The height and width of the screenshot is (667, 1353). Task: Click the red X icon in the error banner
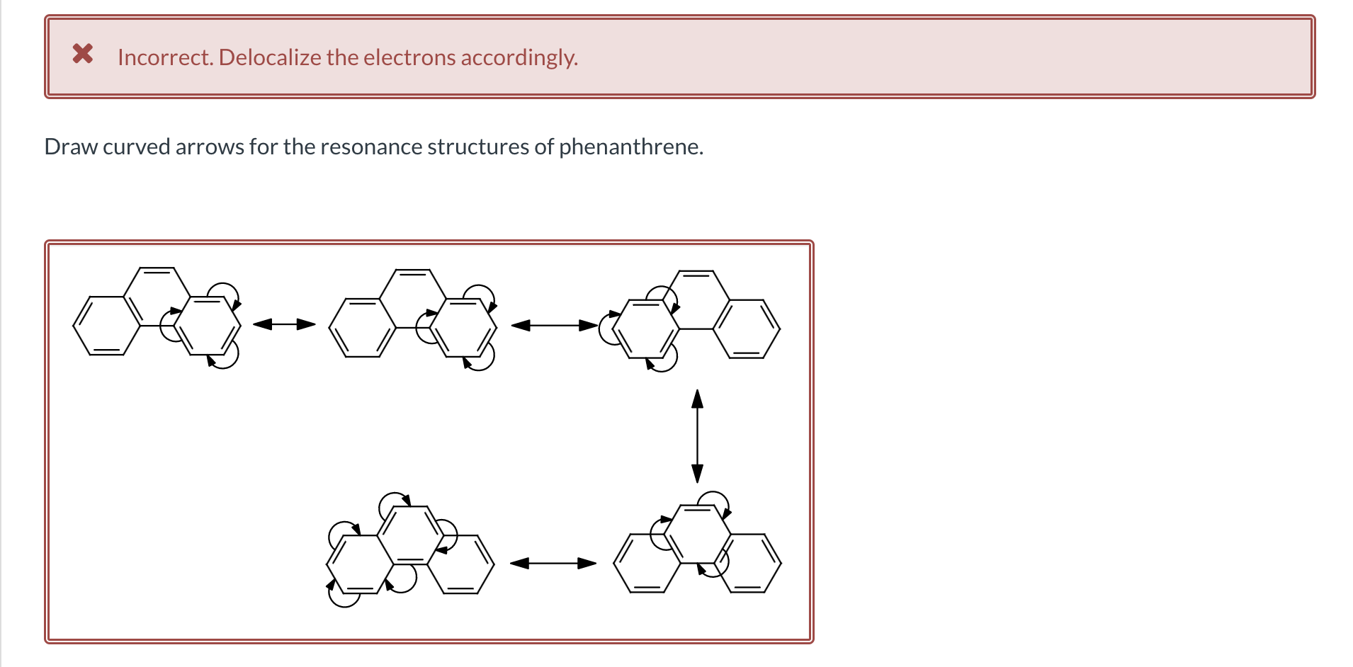pyautogui.click(x=83, y=54)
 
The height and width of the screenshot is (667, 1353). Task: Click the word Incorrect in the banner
pyautogui.click(x=164, y=57)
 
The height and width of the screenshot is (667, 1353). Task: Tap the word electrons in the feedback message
pyautogui.click(x=409, y=57)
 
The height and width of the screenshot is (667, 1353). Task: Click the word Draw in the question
pyautogui.click(x=71, y=147)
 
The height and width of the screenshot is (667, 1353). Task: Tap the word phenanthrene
pyautogui.click(x=630, y=147)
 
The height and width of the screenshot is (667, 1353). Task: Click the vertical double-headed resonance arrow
pyautogui.click(x=697, y=435)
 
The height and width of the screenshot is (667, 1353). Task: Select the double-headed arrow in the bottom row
pyautogui.click(x=553, y=563)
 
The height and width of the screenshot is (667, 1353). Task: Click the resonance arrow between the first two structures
pyautogui.click(x=284, y=324)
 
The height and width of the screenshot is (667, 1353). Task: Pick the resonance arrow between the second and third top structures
pyautogui.click(x=554, y=326)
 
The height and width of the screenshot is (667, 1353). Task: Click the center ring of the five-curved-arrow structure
pyautogui.click(x=409, y=535)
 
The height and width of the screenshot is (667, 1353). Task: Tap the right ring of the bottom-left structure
pyautogui.click(x=460, y=564)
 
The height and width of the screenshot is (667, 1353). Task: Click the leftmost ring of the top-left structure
pyautogui.click(x=106, y=326)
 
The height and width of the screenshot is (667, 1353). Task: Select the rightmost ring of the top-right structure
pyautogui.click(x=747, y=329)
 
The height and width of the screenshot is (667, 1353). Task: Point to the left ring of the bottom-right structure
pyautogui.click(x=646, y=564)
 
